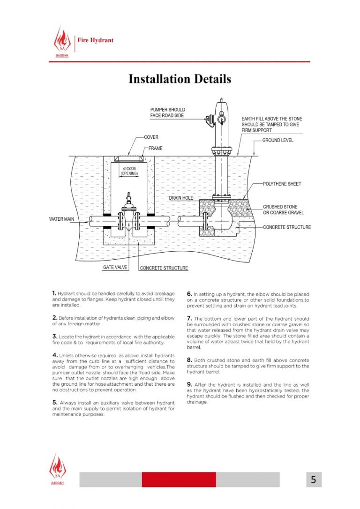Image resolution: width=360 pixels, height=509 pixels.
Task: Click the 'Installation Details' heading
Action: [180, 79]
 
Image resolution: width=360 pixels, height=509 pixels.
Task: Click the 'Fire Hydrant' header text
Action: [96, 40]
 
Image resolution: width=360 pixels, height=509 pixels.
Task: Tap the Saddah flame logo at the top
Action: [61, 41]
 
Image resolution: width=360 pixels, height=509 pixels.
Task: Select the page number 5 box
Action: [313, 479]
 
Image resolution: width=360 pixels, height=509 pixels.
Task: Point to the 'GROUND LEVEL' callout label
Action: [277, 141]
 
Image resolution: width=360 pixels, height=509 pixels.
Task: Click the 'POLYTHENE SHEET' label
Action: [282, 184]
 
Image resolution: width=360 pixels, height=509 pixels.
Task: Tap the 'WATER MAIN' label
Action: [62, 219]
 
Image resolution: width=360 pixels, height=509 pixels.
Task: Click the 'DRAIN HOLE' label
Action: [181, 198]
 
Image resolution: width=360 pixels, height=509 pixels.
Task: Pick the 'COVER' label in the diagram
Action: [151, 137]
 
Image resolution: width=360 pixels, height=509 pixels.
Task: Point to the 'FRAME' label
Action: [156, 148]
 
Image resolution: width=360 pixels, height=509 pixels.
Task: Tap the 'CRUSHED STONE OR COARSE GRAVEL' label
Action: [283, 210]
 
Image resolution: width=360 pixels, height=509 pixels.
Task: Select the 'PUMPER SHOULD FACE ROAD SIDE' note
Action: [167, 112]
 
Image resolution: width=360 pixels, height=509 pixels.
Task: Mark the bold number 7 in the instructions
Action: [189, 319]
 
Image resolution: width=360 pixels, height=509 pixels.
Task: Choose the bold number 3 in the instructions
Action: [55, 337]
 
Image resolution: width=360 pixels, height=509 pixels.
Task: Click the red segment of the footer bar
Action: [179, 479]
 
